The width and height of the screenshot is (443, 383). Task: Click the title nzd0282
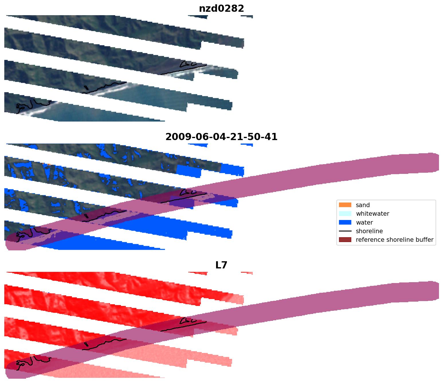221,9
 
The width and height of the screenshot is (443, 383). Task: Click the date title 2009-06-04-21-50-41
221,137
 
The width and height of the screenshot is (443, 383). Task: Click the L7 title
221,265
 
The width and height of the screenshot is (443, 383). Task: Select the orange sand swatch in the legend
345,205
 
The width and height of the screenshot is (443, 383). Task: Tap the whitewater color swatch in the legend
345,214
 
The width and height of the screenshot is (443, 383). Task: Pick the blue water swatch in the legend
345,223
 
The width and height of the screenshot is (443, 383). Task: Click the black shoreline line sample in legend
345,231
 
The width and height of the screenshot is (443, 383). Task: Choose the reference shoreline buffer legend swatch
345,240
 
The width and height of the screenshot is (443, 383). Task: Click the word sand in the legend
363,205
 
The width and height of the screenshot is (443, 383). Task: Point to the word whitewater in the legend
373,214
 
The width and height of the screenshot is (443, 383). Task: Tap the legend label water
364,223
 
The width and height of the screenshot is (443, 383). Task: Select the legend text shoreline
369,231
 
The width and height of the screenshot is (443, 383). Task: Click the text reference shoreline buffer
395,240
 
